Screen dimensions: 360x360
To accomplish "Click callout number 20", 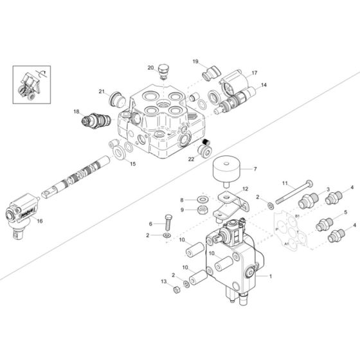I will pyautogui.click(x=150, y=67).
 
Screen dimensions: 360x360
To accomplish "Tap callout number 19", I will pyautogui.click(x=195, y=62).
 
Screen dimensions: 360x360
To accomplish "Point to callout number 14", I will pyautogui.click(x=264, y=85).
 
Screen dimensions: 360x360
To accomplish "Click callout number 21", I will pyautogui.click(x=102, y=91).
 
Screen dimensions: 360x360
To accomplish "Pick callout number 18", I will pyautogui.click(x=76, y=111).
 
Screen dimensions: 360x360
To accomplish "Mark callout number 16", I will pyautogui.click(x=39, y=221).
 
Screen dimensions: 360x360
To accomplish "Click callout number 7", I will pyautogui.click(x=255, y=169).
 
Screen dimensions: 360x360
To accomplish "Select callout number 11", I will pyautogui.click(x=285, y=183).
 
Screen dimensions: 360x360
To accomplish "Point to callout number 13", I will pyautogui.click(x=164, y=282).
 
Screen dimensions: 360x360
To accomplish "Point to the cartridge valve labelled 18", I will pyautogui.click(x=93, y=120).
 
